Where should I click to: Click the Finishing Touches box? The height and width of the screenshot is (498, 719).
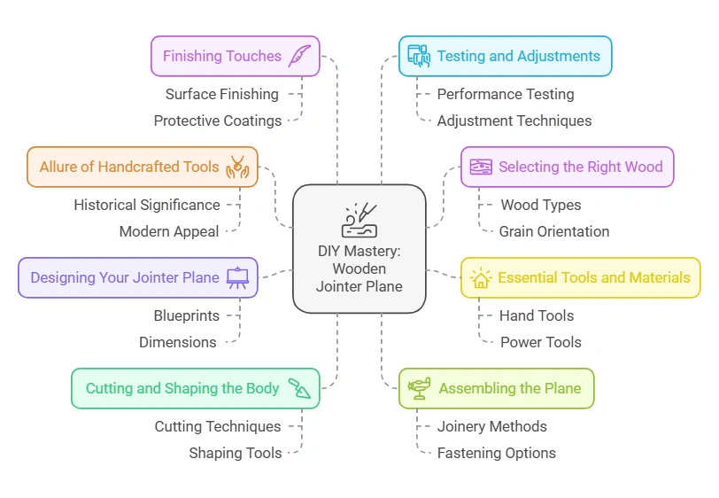(x=235, y=57)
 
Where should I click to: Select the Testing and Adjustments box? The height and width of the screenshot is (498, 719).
(x=505, y=57)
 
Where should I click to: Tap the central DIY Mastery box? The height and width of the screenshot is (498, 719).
(x=359, y=249)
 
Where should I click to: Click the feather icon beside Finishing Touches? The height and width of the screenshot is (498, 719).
(x=299, y=56)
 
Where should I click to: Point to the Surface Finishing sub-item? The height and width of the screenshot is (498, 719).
(x=221, y=94)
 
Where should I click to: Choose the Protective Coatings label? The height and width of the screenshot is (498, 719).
(x=217, y=121)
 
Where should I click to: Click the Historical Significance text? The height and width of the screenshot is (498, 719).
(x=147, y=205)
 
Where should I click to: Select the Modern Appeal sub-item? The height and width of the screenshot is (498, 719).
(x=169, y=231)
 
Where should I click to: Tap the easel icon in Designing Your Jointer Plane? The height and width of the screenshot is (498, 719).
(x=238, y=277)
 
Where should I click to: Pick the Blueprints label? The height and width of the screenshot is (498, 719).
(x=186, y=315)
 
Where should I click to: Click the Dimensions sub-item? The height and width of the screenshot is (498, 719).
(x=177, y=342)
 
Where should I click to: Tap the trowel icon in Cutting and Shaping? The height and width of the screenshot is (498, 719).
(x=300, y=388)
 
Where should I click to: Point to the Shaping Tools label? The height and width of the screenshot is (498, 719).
(x=235, y=453)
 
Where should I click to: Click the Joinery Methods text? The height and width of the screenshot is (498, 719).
(x=491, y=426)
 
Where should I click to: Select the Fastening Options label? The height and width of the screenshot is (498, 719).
(x=496, y=453)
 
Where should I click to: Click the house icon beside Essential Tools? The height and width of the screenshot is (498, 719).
(x=481, y=278)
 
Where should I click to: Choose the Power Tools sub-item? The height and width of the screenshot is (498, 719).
(x=540, y=342)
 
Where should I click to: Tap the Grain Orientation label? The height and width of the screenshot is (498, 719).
(x=553, y=231)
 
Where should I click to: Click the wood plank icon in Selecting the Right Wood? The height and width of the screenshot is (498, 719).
(x=481, y=167)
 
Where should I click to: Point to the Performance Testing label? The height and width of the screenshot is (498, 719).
(x=505, y=94)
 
